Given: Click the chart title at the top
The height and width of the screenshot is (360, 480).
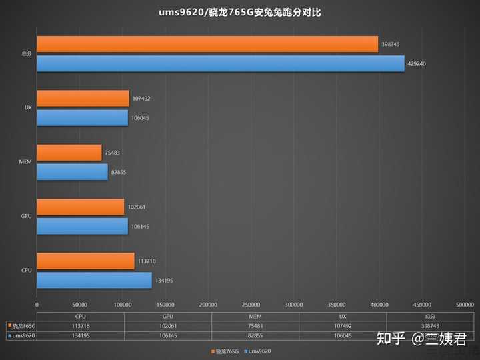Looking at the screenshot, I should pos(240,12).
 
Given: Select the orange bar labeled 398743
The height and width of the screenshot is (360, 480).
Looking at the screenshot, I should pos(207,45).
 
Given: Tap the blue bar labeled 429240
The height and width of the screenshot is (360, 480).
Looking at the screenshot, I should pos(221,63).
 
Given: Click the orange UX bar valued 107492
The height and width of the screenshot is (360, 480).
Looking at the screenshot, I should pos(83,99).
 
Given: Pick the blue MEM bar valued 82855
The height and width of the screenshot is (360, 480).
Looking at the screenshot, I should pos(72,172).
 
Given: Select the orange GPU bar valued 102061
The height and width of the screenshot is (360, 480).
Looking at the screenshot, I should pos(81,207).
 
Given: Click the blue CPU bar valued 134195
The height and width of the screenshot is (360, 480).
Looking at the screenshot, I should pos(94,280).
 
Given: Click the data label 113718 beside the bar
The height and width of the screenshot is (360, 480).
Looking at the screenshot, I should pos(146,261).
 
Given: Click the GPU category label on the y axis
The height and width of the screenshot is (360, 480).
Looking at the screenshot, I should pos(27,217).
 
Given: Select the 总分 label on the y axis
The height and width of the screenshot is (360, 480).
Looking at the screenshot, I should pos(27,54).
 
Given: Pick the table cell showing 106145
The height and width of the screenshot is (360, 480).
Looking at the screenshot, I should pos(168,336).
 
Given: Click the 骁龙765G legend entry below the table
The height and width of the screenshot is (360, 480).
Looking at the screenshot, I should pos(225,351).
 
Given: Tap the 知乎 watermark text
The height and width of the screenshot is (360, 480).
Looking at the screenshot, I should pos(391,339).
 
